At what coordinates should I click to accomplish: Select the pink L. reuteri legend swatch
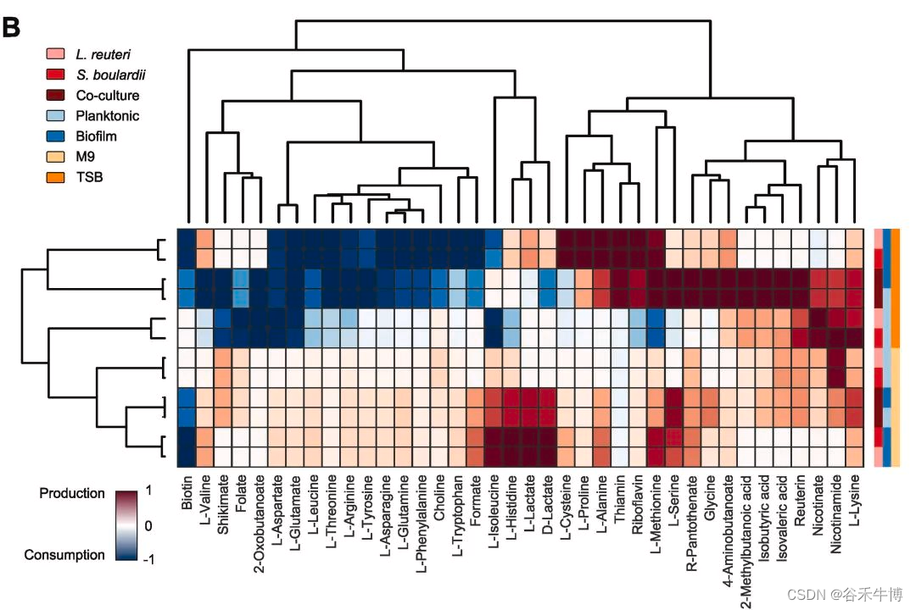(x=55, y=54)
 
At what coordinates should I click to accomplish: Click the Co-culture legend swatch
(x=55, y=95)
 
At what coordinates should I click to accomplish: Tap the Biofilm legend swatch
(x=55, y=136)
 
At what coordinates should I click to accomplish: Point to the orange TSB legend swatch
(x=55, y=177)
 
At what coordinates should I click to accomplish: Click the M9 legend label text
(x=84, y=157)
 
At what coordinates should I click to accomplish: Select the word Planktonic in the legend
(x=107, y=115)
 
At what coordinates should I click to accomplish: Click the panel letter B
(x=12, y=28)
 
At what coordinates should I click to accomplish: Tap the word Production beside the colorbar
(x=72, y=493)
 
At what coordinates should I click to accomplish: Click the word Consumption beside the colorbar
(x=64, y=555)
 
